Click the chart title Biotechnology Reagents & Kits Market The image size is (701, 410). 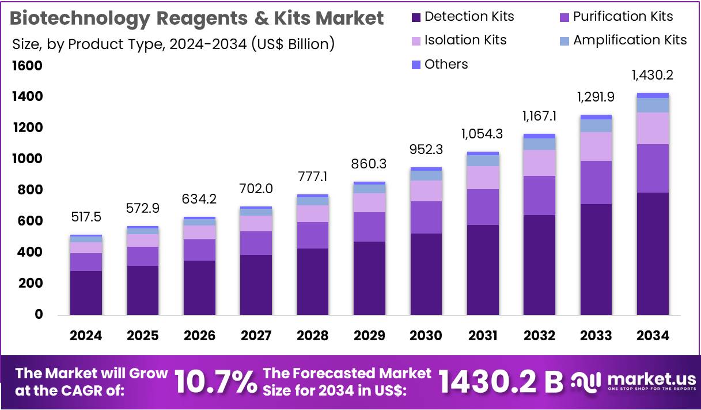click(x=197, y=18)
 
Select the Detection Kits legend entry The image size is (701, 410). click(x=463, y=17)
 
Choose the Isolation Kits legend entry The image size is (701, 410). click(x=459, y=40)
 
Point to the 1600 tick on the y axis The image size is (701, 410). click(x=27, y=66)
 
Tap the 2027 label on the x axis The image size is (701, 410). click(x=256, y=336)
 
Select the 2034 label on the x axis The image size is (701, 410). click(x=653, y=336)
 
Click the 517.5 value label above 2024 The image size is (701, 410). click(x=86, y=217)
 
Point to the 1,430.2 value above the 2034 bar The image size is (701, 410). click(x=653, y=75)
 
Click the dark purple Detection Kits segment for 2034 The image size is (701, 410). click(x=653, y=254)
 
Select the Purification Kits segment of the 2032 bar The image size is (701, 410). click(x=539, y=195)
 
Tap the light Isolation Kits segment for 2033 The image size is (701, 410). click(x=596, y=146)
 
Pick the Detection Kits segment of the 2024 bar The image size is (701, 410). click(x=86, y=293)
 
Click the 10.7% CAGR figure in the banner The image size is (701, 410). click(x=215, y=382)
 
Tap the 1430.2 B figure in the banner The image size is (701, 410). click(x=500, y=382)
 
